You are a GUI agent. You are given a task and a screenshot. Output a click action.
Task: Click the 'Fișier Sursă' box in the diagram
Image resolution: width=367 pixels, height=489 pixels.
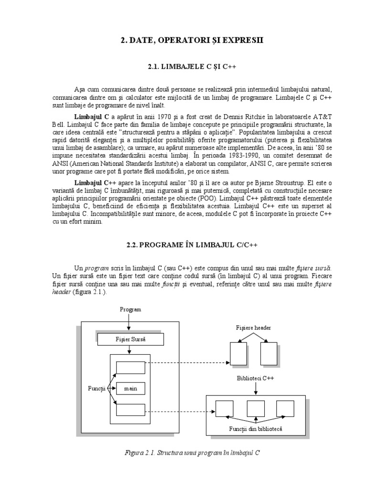pos(130,340)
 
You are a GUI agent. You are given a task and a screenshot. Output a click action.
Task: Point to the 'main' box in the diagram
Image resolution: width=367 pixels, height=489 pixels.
pos(130,388)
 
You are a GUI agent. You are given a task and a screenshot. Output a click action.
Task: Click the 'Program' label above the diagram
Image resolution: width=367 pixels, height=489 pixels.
pos(130,309)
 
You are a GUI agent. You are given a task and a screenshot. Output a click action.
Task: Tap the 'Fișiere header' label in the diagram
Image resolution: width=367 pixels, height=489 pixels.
pos(253,328)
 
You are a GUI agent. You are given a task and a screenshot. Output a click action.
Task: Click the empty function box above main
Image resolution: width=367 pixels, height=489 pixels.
pos(130,367)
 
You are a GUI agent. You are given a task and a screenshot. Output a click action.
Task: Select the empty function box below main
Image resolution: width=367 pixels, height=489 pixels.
pos(130,410)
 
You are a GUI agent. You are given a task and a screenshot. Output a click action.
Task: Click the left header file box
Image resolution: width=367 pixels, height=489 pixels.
pos(238,354)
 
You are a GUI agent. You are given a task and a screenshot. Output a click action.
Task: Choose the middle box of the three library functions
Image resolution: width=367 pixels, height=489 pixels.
pos(256,408)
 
